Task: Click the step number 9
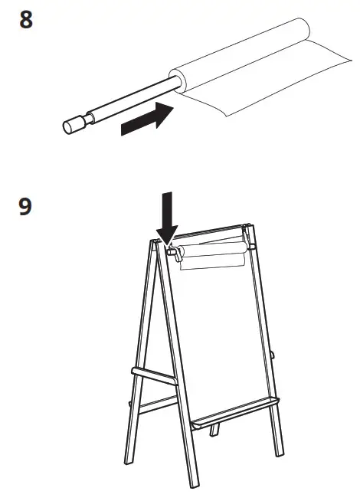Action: pos(26,207)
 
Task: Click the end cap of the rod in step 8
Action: pos(73,124)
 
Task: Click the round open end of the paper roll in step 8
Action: pos(175,80)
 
